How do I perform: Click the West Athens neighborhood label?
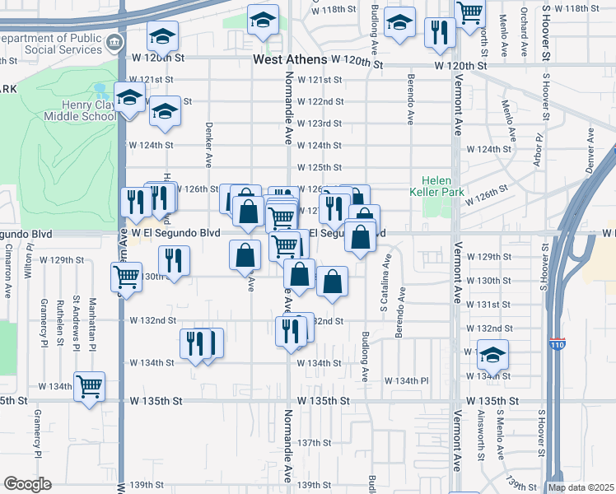(289, 60)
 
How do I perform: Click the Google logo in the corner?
(27, 484)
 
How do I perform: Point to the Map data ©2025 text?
(580, 487)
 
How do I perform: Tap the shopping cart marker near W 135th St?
(89, 385)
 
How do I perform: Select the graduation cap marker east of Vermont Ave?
(492, 355)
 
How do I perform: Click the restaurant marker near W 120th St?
(440, 33)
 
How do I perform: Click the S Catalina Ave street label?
(384, 285)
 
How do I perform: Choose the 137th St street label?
(314, 443)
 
